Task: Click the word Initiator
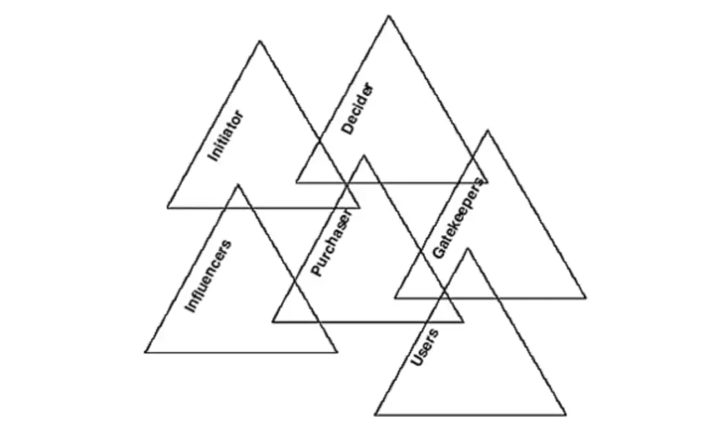pos(226,136)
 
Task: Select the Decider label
pos(358,108)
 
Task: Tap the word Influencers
pos(209,276)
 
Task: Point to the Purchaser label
pos(331,242)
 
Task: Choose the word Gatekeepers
pos(457,219)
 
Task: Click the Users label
pos(425,348)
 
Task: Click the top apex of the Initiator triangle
pos(260,41)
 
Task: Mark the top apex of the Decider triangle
pos(389,16)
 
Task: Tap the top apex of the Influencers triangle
pos(238,184)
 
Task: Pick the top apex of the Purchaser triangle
pos(364,155)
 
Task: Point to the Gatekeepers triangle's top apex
pos(487,131)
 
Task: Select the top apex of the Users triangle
pos(468,248)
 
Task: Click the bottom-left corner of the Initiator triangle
pos(167,208)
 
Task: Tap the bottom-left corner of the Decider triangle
pos(296,182)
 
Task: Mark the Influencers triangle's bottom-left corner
pos(145,352)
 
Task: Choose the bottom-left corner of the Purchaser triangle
pos(272,322)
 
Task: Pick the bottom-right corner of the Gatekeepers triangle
pos(586,298)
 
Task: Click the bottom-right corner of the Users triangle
pos(566,415)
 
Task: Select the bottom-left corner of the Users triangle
pos(375,415)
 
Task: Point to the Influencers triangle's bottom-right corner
pos(337,352)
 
